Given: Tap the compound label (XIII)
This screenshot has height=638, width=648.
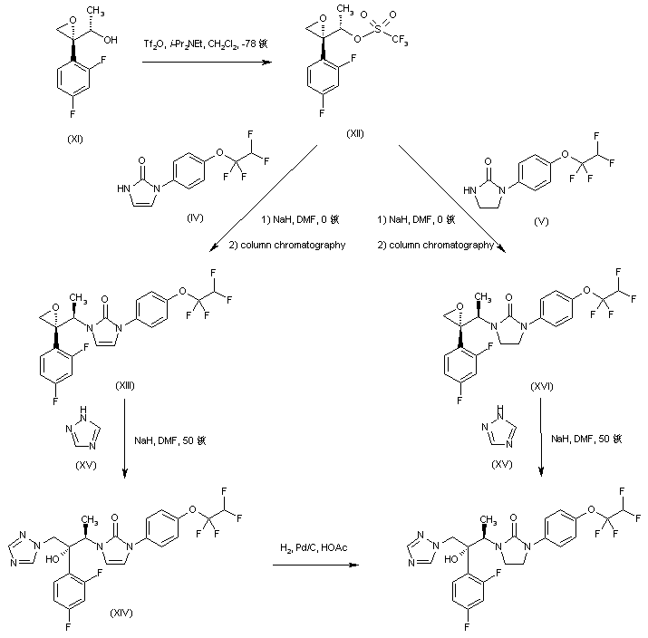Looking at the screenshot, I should [x=125, y=387].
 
